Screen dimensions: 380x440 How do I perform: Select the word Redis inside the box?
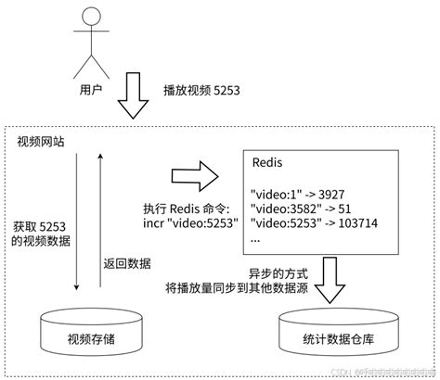(269, 162)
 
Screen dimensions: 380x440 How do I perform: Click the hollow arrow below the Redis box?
(330, 278)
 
